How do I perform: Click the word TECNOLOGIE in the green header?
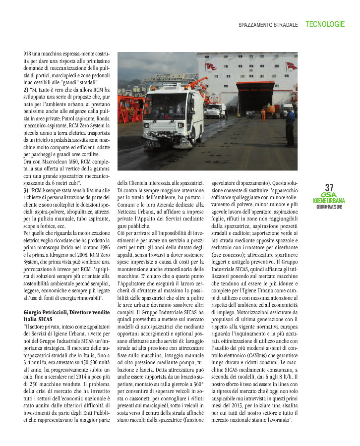point(325,24)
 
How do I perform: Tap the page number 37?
point(329,188)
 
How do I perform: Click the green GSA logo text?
point(329,195)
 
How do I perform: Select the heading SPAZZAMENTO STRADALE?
point(268,24)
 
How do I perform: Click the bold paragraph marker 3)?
point(26,190)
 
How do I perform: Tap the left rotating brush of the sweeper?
point(149,142)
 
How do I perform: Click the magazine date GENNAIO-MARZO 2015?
point(329,207)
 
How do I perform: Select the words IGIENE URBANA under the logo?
point(329,201)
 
